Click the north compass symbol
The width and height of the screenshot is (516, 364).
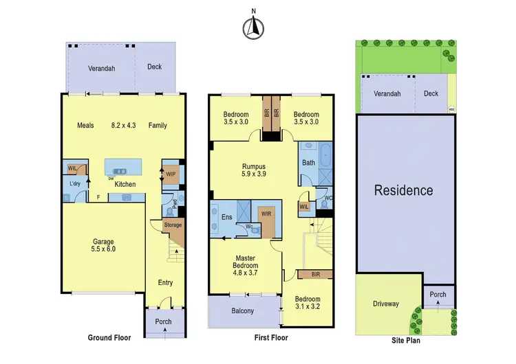click(254, 27)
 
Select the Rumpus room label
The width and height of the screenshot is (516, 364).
click(254, 170)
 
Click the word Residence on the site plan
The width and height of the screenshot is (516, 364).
click(403, 190)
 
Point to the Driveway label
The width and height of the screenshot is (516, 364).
click(386, 304)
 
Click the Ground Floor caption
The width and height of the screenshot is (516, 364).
click(110, 337)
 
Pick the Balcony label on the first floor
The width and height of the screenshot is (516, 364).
click(242, 311)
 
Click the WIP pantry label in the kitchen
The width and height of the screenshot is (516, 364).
click(171, 174)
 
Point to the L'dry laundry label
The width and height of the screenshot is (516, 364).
click(76, 185)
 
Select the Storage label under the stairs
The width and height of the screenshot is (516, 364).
click(173, 225)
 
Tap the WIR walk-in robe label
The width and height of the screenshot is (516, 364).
click(266, 214)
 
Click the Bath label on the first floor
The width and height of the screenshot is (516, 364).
click(308, 163)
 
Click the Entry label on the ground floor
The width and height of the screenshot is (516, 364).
click(165, 282)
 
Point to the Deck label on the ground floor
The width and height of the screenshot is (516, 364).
click(155, 67)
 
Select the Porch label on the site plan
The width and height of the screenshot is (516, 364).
click(438, 295)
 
